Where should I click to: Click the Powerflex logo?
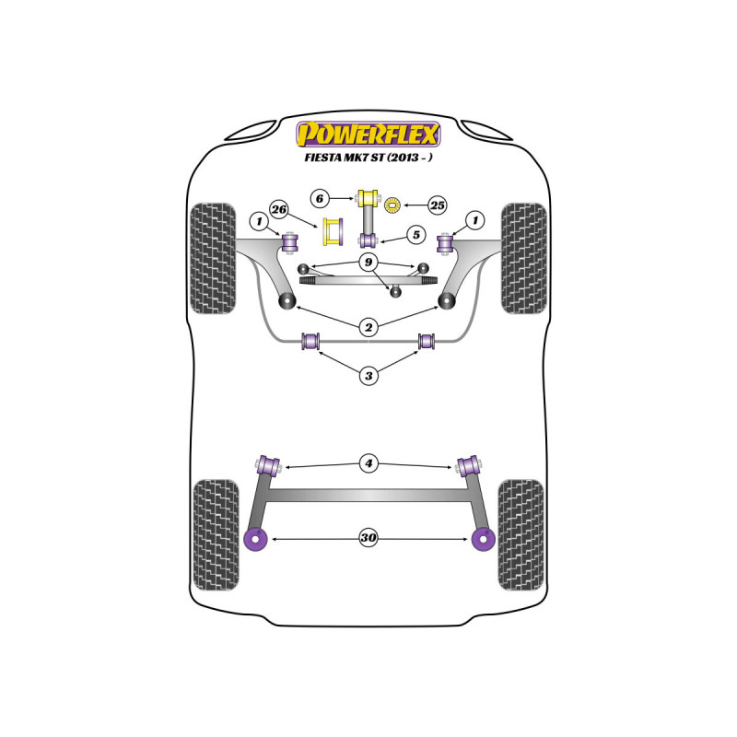[368, 135]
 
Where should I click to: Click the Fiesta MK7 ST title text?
[368, 158]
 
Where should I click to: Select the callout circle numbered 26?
[279, 209]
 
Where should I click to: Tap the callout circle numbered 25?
[437, 205]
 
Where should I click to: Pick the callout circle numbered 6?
[320, 198]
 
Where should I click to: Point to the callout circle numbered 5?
[416, 235]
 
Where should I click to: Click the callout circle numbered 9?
[368, 262]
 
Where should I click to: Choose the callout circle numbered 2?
[368, 327]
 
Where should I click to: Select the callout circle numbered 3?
[368, 376]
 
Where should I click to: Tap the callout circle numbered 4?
[368, 463]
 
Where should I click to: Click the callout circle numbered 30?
[368, 537]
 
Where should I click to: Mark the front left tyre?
[213, 259]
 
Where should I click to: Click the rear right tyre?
[521, 535]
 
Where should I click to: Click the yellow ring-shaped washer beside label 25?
[392, 205]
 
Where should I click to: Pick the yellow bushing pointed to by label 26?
[333, 232]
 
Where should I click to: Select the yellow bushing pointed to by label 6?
[368, 197]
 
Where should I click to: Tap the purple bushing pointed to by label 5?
[368, 240]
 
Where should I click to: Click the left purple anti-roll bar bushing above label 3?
[310, 341]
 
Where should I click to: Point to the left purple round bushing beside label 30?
[256, 540]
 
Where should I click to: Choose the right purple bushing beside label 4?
[468, 466]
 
